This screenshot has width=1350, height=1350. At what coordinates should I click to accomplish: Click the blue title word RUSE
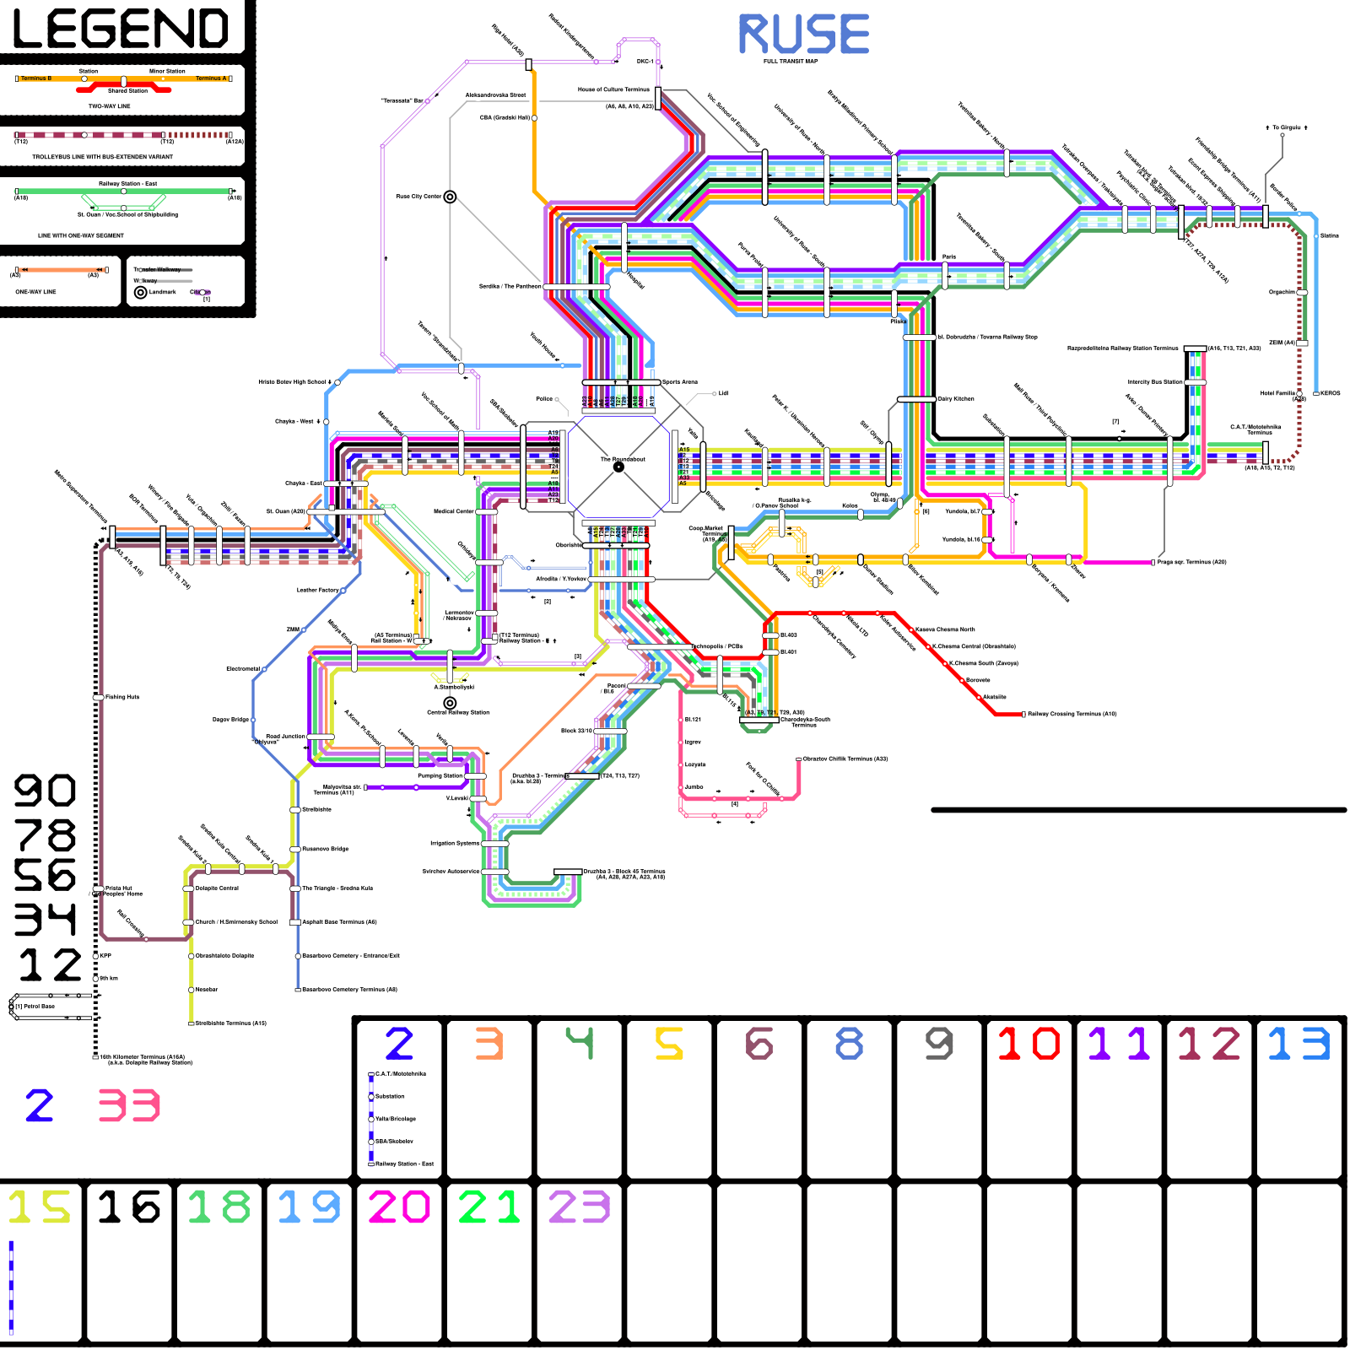click(x=803, y=35)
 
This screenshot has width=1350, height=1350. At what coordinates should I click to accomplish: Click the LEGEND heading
click(x=121, y=29)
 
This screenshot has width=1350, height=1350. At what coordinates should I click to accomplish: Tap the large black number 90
click(x=45, y=791)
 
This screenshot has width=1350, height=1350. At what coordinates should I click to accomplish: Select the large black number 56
click(x=45, y=875)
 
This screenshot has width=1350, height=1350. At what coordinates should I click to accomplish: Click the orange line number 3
click(x=489, y=1044)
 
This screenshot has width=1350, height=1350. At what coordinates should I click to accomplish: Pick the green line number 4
click(x=580, y=1043)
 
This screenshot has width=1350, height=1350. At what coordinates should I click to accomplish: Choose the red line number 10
click(x=1029, y=1044)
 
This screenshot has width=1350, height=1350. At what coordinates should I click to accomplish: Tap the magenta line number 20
click(x=399, y=1207)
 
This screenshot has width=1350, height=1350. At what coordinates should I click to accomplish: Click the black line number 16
click(x=128, y=1207)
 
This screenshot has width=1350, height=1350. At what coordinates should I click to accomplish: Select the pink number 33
click(x=128, y=1105)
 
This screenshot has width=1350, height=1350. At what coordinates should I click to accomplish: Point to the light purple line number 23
click(x=579, y=1207)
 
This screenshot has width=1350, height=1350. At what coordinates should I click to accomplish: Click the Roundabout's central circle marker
click(x=618, y=467)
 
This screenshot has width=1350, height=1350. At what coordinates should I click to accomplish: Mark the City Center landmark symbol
click(x=450, y=197)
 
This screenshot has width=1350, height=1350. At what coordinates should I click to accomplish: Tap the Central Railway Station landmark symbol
click(x=450, y=703)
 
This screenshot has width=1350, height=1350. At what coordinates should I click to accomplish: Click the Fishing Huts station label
click(x=122, y=697)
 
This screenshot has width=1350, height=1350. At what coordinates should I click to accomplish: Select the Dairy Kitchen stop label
click(x=956, y=399)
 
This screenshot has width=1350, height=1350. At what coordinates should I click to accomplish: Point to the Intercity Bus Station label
click(x=1155, y=382)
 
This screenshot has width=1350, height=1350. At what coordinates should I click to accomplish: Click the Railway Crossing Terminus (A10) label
click(x=1072, y=714)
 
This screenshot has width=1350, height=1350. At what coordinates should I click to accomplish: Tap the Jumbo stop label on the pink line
click(x=694, y=787)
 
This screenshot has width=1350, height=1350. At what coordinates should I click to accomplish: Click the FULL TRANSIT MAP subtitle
click(x=791, y=62)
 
